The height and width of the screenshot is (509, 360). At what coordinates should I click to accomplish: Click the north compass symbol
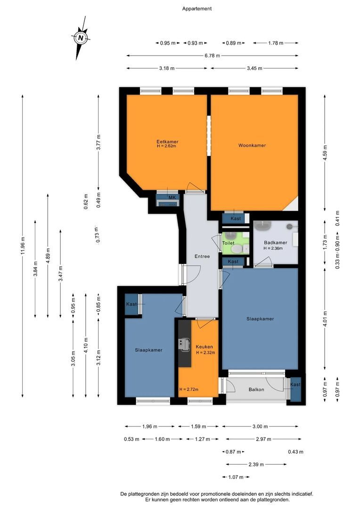(x=81, y=38)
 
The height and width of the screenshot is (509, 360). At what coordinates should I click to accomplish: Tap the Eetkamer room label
(x=167, y=142)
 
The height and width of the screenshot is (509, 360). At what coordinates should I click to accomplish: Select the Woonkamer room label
(x=252, y=145)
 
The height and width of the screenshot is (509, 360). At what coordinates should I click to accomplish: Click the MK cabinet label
(x=172, y=197)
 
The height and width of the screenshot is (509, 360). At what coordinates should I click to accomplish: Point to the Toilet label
(x=228, y=243)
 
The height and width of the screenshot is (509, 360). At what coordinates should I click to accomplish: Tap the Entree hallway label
(x=202, y=256)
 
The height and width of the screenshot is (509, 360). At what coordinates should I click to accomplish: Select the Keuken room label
(x=205, y=347)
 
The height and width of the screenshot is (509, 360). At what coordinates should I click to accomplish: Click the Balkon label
(x=256, y=389)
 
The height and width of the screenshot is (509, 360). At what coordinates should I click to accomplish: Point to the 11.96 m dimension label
(x=23, y=245)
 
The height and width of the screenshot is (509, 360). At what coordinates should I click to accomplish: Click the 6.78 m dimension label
(x=212, y=56)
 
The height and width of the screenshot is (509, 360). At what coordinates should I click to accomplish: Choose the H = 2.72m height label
(x=189, y=389)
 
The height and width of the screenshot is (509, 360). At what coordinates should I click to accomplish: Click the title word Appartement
(x=196, y=8)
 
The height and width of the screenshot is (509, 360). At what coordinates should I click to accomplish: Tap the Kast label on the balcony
(x=295, y=385)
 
